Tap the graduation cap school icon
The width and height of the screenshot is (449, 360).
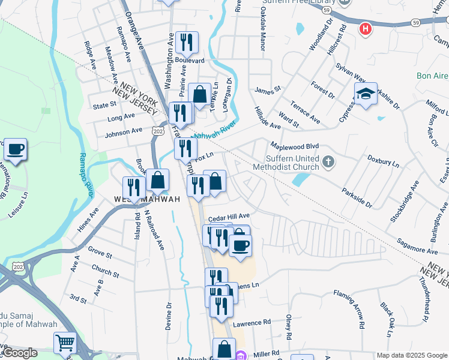point(366,94)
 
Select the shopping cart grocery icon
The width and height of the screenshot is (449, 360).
point(65,343)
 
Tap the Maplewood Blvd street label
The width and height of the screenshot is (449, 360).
point(294,146)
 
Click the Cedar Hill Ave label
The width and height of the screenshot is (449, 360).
point(228,215)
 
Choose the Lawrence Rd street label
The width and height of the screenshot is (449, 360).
point(252,323)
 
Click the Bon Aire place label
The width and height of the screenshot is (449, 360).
point(432,76)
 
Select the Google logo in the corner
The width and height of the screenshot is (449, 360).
point(19,353)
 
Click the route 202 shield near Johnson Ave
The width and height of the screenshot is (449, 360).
point(158,130)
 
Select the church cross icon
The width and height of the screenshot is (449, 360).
point(328,161)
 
